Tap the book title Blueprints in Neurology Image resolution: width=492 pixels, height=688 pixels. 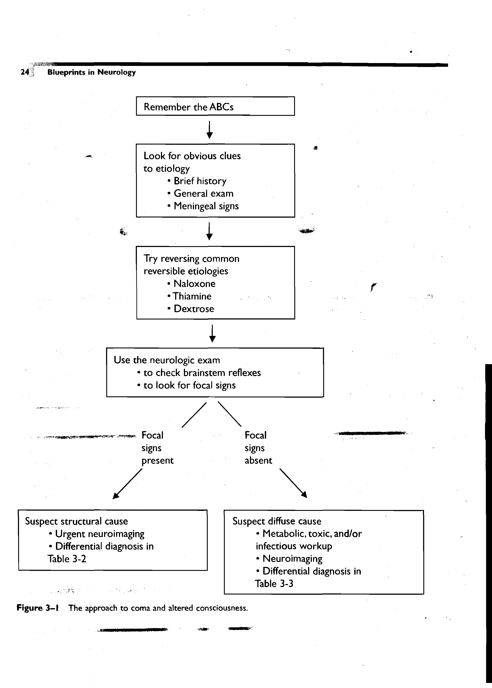pos(91,72)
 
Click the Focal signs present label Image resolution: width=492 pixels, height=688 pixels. pos(157,448)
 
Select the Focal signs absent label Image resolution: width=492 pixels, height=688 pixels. pos(258,448)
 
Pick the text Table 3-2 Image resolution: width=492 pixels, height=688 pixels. pos(67,559)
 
